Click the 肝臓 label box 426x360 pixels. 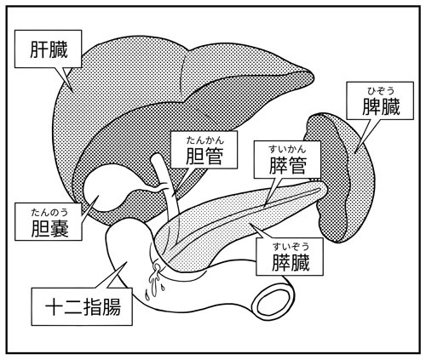(x=49, y=49)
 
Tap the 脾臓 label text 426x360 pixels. (x=381, y=106)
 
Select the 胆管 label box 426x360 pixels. (x=204, y=150)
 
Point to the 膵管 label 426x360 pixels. (x=287, y=160)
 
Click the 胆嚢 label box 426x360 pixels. (x=49, y=222)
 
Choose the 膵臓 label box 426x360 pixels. (x=290, y=256)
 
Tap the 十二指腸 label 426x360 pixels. (x=82, y=306)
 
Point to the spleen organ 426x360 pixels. (x=339, y=177)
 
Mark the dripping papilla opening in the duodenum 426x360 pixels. (x=155, y=268)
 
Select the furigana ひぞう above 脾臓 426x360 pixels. (x=381, y=91)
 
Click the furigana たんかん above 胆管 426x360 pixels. (x=205, y=140)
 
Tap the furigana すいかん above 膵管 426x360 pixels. (x=287, y=149)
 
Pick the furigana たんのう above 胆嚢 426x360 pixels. (x=49, y=212)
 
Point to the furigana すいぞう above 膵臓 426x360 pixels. (x=290, y=247)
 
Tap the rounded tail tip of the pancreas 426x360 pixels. (x=324, y=189)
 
